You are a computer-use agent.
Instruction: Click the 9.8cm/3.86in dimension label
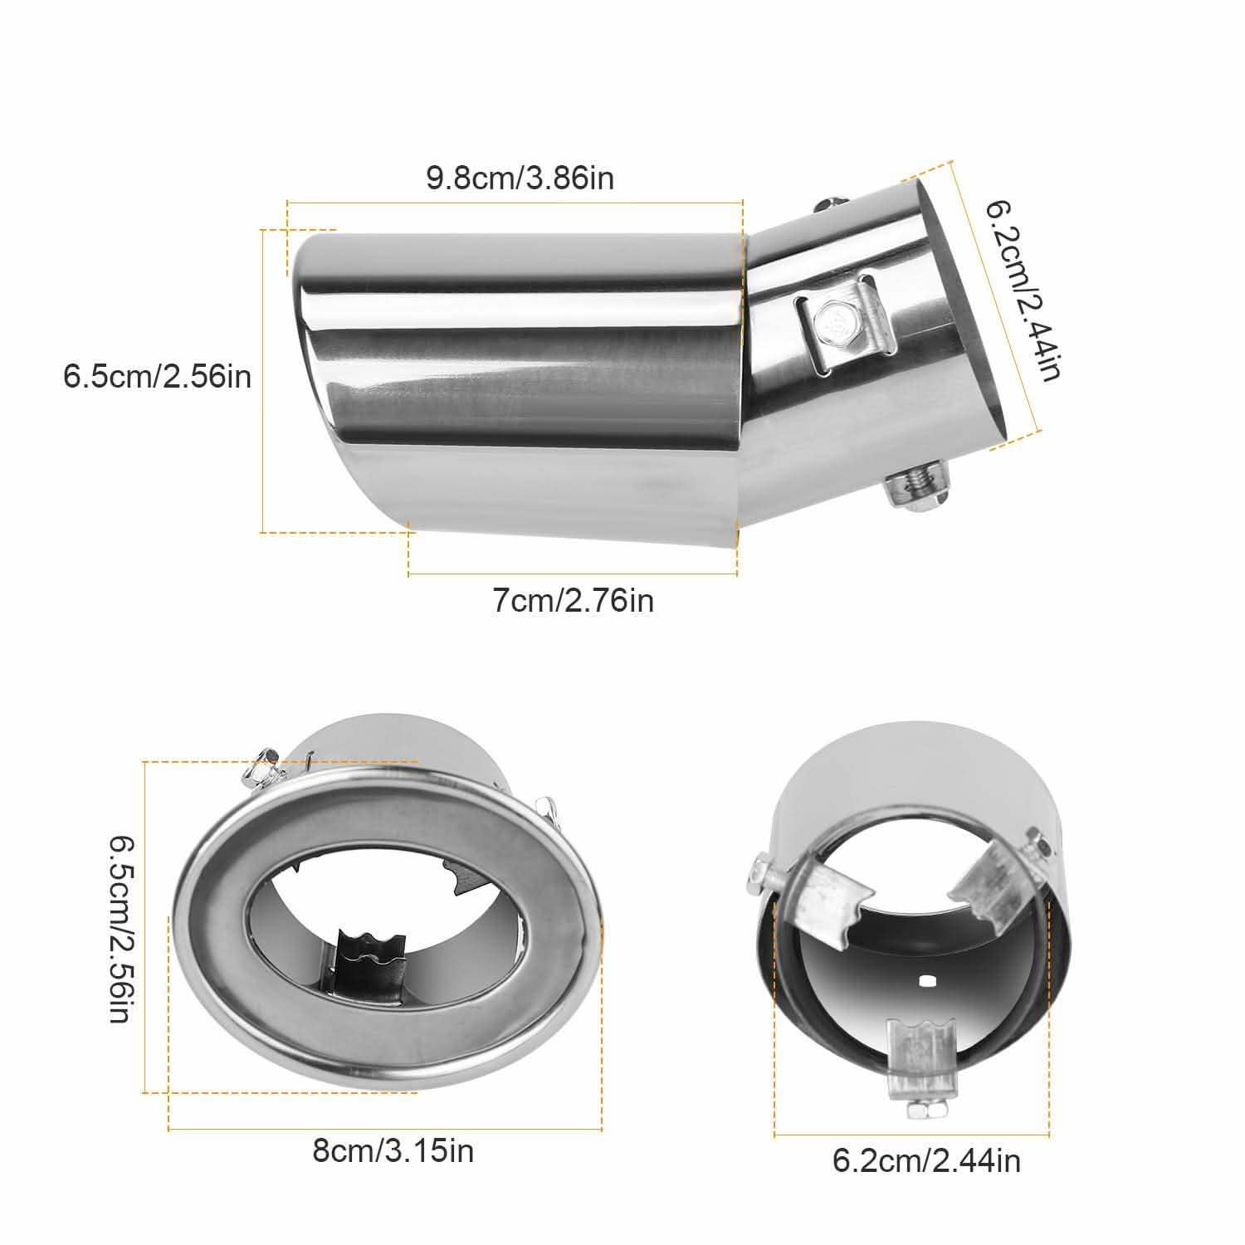click(520, 178)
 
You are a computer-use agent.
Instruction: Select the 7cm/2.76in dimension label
click(574, 600)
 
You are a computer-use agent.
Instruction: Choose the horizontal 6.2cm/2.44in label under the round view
click(926, 1160)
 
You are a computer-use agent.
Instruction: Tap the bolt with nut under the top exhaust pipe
click(917, 491)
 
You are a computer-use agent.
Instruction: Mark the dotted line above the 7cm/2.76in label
click(573, 573)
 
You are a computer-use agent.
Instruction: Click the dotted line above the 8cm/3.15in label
click(385, 1129)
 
